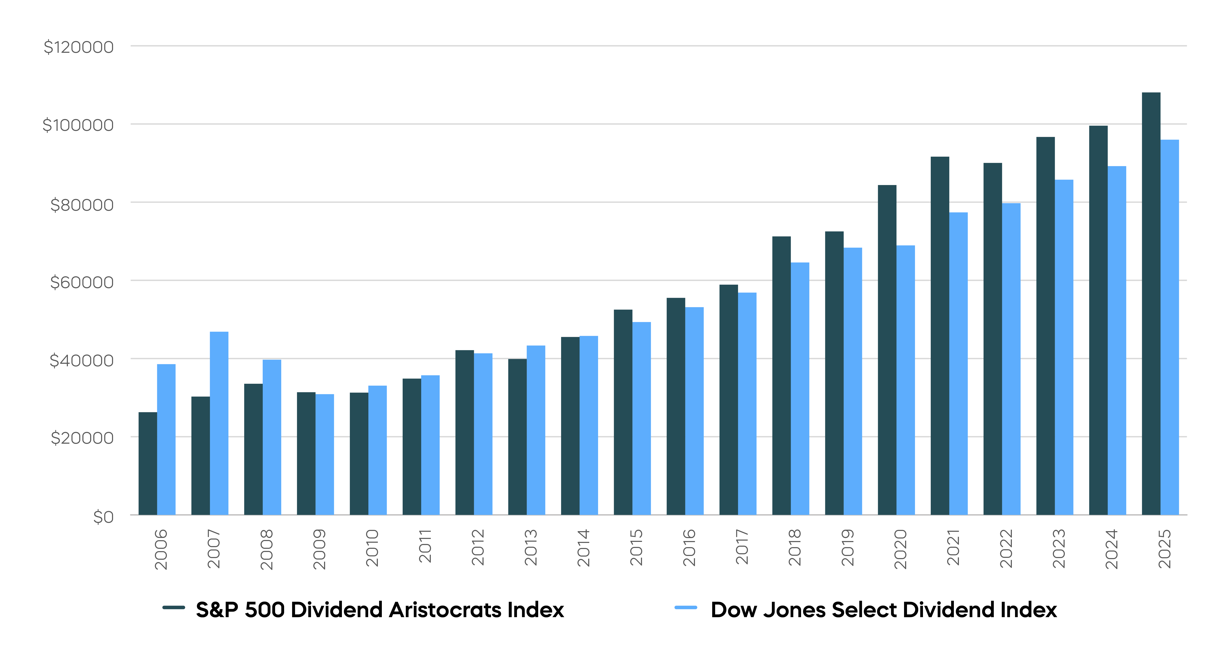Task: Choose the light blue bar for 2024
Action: click(x=1117, y=340)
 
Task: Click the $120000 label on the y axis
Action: click(x=79, y=47)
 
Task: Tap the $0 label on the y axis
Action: click(x=103, y=517)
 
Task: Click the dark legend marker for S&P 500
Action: click(x=174, y=608)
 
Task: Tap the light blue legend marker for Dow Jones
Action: click(x=686, y=608)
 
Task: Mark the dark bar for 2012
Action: click(x=464, y=432)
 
